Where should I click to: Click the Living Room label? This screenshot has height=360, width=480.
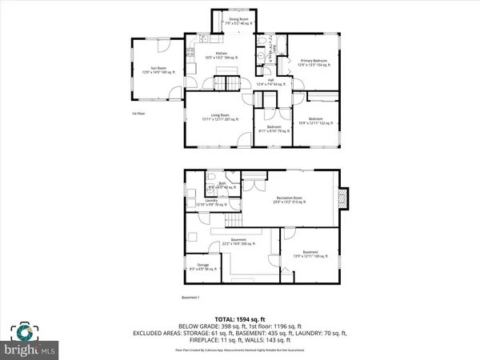tap(216, 118)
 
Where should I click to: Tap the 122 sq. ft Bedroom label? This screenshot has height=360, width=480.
tap(314, 122)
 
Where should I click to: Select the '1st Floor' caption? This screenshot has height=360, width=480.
tap(139, 113)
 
